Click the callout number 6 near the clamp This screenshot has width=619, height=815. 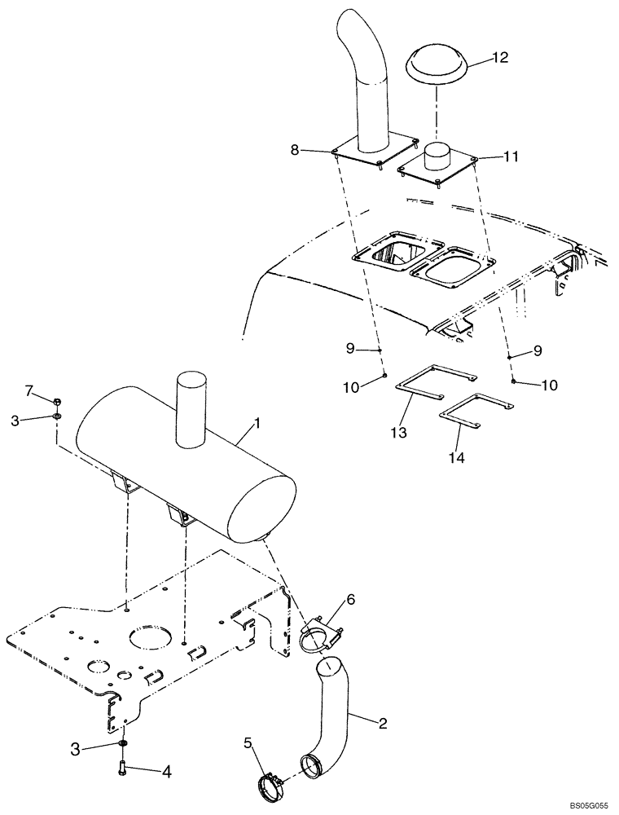coord(351,599)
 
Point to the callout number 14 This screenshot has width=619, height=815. coord(456,459)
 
